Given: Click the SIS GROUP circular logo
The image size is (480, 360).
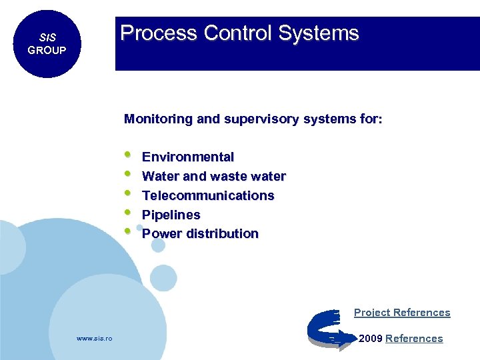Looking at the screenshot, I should [x=47, y=44].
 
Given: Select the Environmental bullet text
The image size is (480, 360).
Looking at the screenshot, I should [x=188, y=157].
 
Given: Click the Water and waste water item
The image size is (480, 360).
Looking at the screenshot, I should [x=213, y=177].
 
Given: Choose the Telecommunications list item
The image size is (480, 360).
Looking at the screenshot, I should [x=208, y=196].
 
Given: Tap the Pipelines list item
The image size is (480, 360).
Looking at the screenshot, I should [x=171, y=215].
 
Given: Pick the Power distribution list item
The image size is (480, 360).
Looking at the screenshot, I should [x=200, y=234].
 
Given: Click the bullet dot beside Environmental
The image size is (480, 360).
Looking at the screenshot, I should [x=128, y=156].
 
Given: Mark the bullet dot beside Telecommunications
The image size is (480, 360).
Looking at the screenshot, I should [x=128, y=194].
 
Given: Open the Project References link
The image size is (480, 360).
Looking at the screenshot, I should [x=402, y=313].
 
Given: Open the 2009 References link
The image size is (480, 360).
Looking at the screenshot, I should [x=413, y=339].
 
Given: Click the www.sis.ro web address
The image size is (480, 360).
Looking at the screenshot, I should [x=95, y=339].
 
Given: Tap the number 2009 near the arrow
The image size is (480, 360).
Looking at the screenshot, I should [x=371, y=339].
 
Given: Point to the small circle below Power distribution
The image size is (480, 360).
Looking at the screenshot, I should [x=158, y=245].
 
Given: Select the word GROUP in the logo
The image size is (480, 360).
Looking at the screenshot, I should [x=47, y=51].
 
